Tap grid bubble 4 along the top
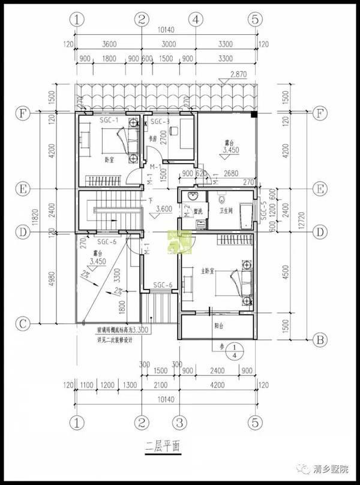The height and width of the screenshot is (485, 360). [195, 19]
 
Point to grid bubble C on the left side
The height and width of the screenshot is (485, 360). [23, 324]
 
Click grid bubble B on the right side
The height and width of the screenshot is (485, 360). [319, 339]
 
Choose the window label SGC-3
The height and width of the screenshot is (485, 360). [160, 122]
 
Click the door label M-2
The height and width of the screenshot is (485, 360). [187, 210]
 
